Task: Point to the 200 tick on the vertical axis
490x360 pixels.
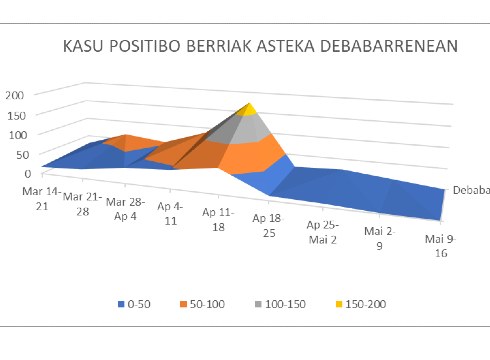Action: pos(15,95)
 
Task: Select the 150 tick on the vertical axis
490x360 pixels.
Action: pos(15,115)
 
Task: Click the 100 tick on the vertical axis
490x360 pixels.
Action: pos(15,135)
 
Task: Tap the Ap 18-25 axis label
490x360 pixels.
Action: pos(267,225)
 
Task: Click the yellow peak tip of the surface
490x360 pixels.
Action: pos(249,109)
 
